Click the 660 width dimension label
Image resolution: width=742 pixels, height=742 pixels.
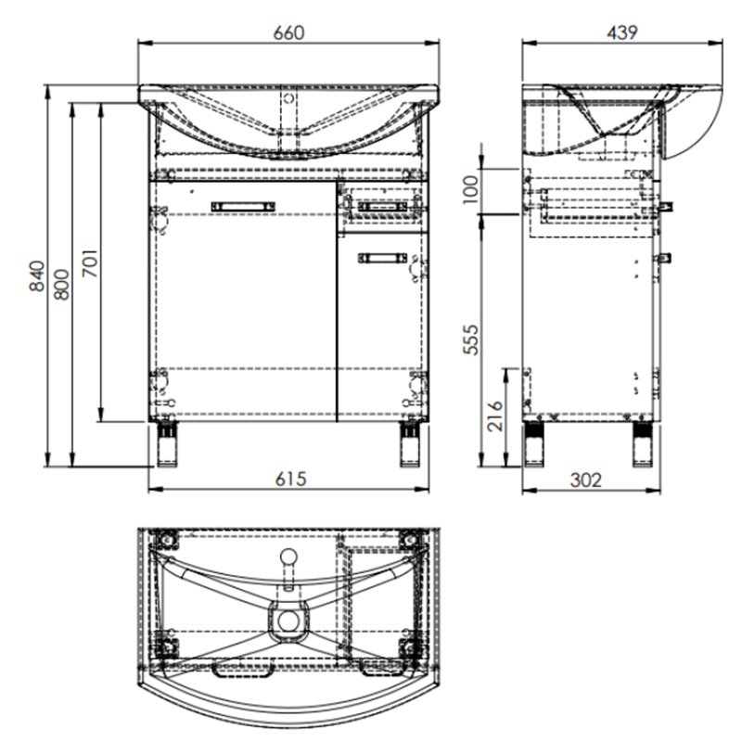coord(288,32)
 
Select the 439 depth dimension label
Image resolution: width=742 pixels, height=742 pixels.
coord(621,32)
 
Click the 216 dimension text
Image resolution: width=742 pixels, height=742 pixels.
coord(494,416)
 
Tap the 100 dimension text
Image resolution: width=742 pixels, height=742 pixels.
coord(470,189)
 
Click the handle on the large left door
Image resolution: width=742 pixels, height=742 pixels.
coord(244,205)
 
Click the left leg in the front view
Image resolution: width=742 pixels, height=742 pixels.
coord(168,444)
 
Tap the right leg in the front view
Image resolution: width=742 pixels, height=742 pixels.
coord(411,444)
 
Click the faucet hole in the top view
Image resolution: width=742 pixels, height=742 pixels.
coord(289,557)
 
